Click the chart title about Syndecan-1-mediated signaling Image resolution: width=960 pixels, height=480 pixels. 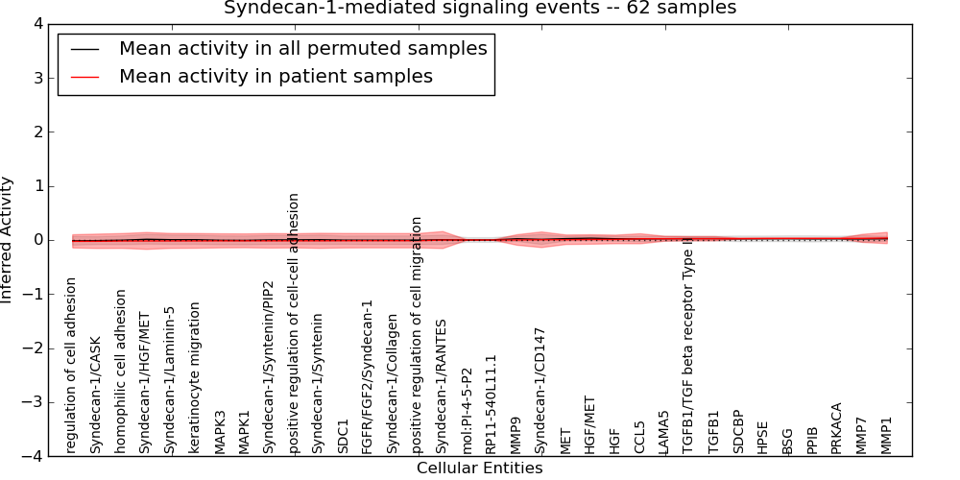[480, 9]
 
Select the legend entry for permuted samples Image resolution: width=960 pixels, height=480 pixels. [302, 48]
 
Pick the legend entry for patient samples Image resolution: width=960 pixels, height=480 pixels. [276, 76]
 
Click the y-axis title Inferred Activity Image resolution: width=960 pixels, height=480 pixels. [8, 240]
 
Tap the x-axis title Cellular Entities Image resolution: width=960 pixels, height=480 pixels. [479, 468]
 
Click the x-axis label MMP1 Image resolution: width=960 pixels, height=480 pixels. [886, 435]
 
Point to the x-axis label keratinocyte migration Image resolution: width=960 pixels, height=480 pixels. [195, 377]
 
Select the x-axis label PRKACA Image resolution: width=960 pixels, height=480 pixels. [836, 428]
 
